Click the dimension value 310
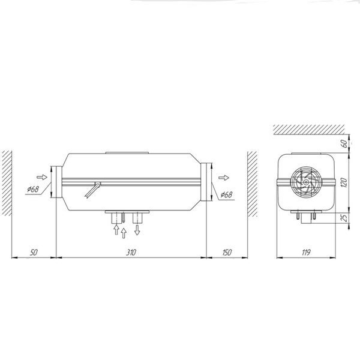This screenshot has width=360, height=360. pos(131,253)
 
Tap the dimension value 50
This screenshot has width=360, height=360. pos(34,253)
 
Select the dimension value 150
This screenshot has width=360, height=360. pos(227,253)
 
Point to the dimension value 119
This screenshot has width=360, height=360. pos(306,253)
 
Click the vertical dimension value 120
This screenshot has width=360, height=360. pos(344,182)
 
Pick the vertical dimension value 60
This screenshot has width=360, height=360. pos(344,144)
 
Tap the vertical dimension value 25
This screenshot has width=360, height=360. pos(344,218)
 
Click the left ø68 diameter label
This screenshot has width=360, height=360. pos(33,189)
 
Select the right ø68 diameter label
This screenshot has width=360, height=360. pos(226,194)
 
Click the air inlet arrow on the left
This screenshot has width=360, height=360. pos(42,177)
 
